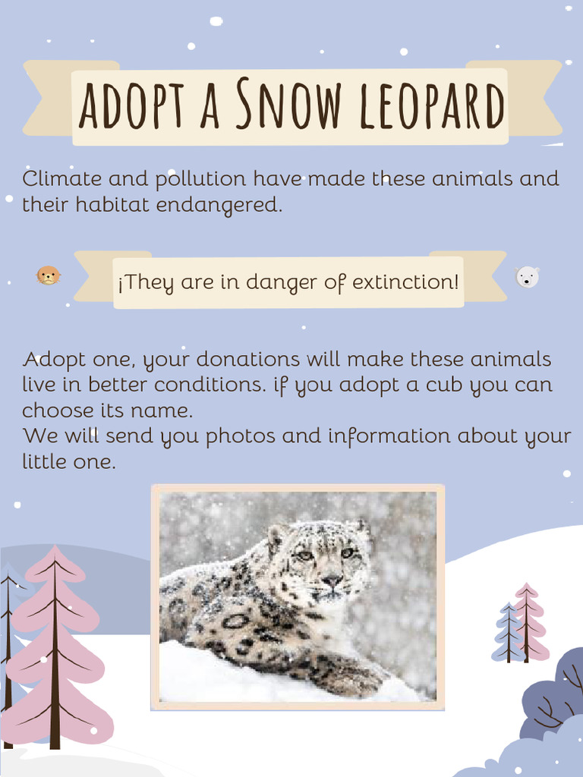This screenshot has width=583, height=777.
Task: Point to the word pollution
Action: click(200, 181)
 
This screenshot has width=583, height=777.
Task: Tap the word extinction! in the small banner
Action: click(411, 282)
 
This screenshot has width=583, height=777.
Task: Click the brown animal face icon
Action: click(49, 275)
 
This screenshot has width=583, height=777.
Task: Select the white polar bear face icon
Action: click(527, 277)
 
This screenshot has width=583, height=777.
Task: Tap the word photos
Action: click(241, 436)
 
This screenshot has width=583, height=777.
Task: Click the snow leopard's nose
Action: click(332, 580)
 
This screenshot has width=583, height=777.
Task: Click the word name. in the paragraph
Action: click(165, 411)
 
